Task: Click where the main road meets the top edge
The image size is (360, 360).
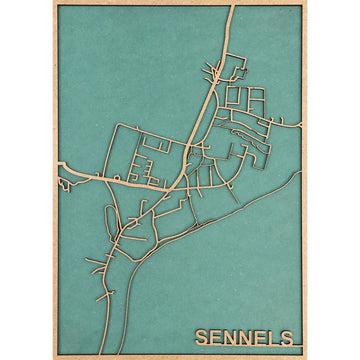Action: pyautogui.click(x=232, y=7)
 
